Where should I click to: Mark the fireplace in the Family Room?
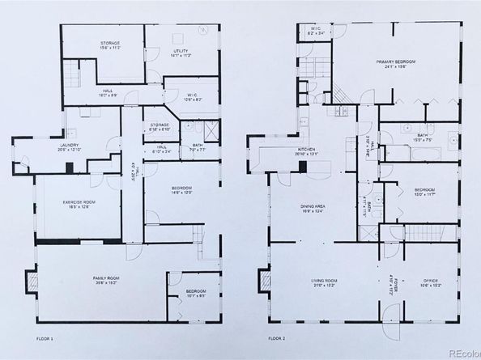pyautogui.click(x=32, y=282)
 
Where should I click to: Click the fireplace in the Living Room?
pyautogui.click(x=264, y=282)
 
